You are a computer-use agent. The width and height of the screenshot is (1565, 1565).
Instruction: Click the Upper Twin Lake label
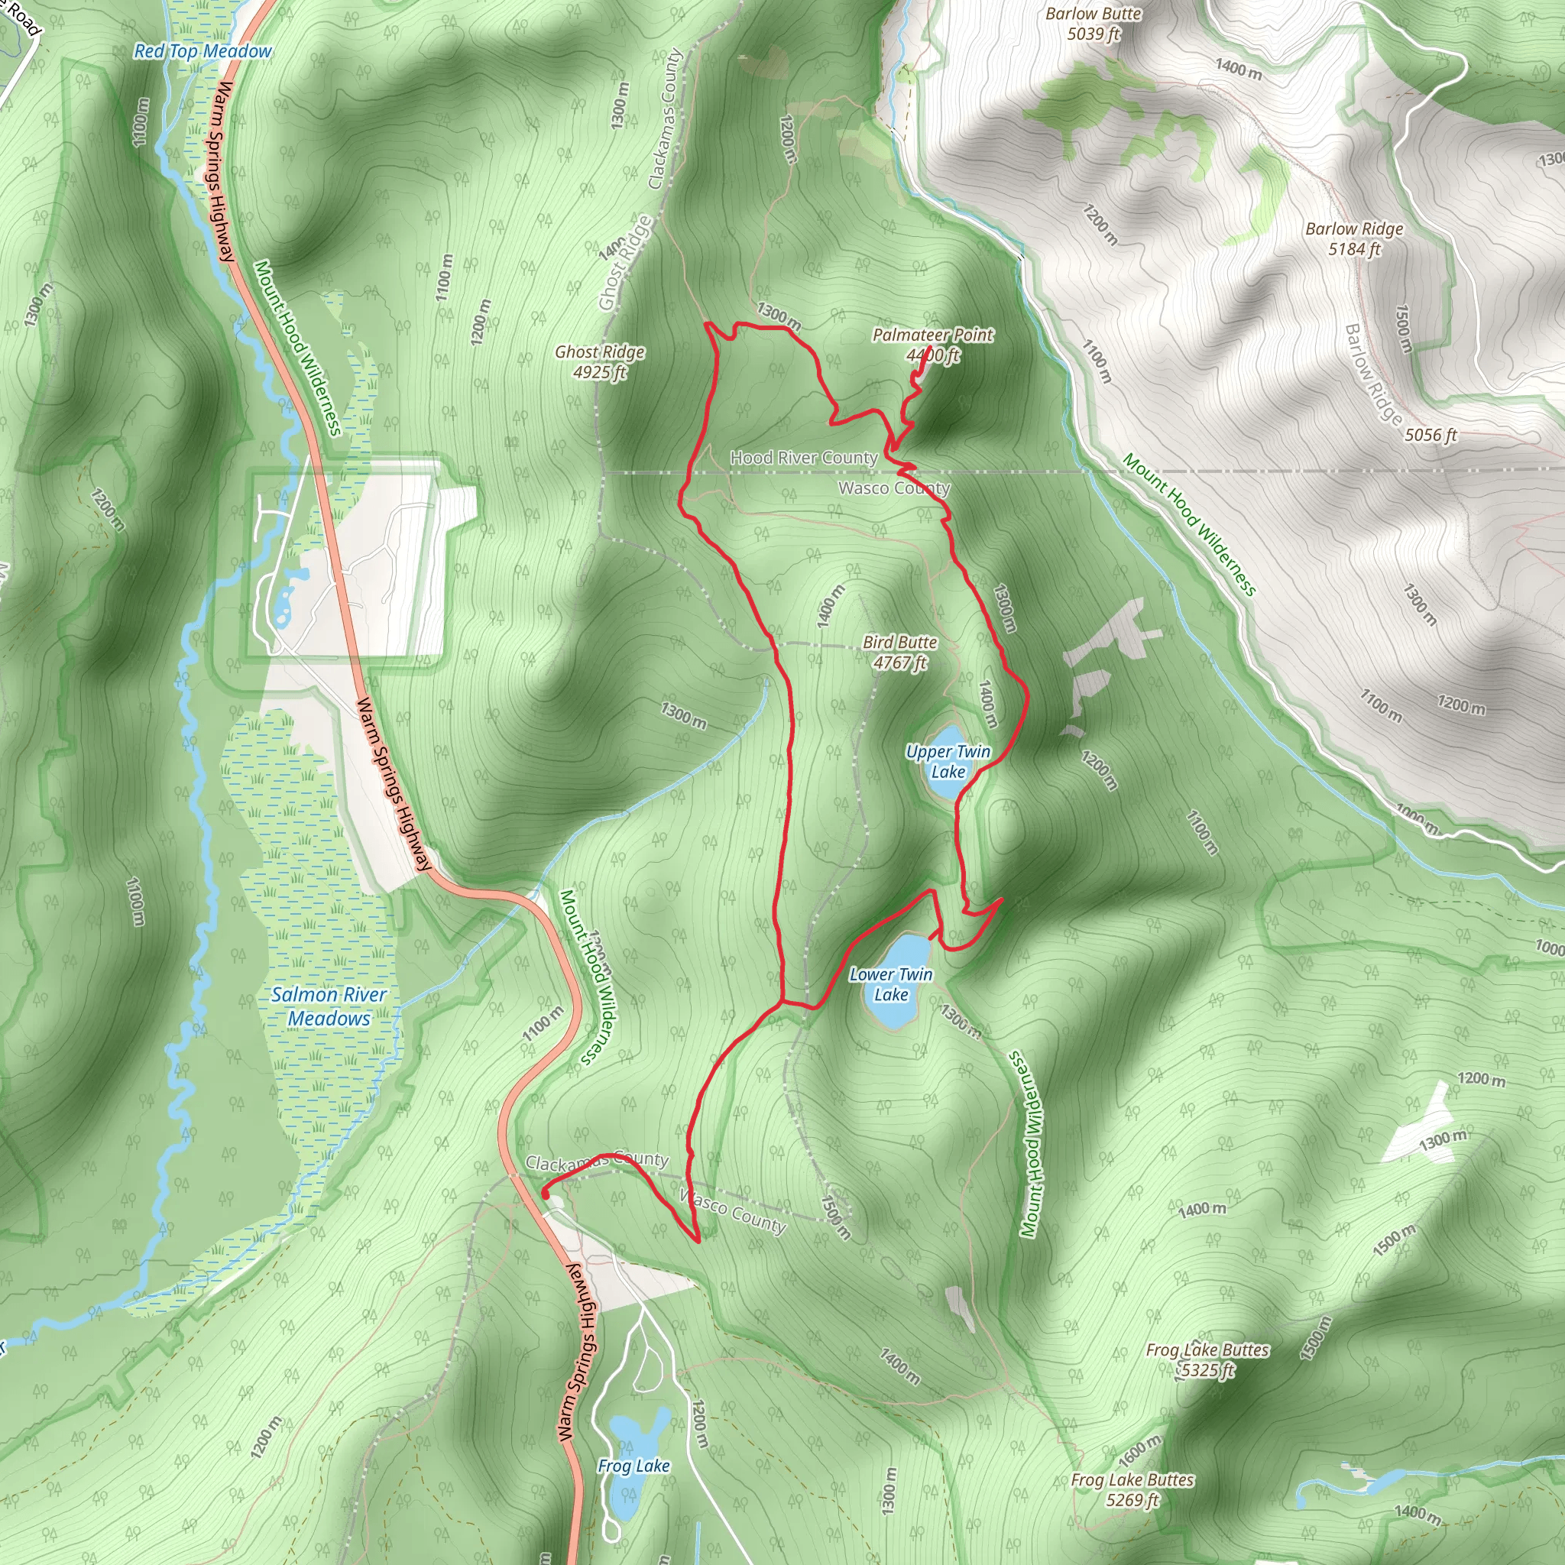tap(948, 761)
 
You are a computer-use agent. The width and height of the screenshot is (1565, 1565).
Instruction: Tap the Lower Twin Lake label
tap(890, 984)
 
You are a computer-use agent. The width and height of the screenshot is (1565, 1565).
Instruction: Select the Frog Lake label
tap(633, 1466)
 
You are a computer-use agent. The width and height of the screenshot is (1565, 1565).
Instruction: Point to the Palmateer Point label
tap(932, 335)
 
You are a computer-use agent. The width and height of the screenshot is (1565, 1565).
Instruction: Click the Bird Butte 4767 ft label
tap(899, 652)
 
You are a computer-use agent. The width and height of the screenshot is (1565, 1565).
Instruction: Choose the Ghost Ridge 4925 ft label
tap(599, 362)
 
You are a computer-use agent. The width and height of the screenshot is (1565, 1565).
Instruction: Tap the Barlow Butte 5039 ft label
tap(1093, 24)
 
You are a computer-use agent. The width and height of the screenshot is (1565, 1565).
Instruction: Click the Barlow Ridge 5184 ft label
tap(1353, 239)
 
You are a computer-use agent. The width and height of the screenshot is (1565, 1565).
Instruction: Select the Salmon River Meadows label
tap(329, 1006)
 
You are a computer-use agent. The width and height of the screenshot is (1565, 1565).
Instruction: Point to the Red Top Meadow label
tap(203, 51)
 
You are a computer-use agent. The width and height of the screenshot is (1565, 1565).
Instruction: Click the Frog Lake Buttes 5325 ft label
tap(1207, 1360)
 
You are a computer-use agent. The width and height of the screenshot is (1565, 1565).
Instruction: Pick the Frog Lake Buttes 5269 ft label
tap(1132, 1489)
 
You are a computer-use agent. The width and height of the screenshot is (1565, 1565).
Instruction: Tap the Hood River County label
tap(804, 458)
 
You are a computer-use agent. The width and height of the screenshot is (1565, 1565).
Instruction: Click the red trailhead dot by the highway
tap(545, 1194)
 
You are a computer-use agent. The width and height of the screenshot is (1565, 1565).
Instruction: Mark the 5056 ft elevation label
tap(1431, 435)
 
